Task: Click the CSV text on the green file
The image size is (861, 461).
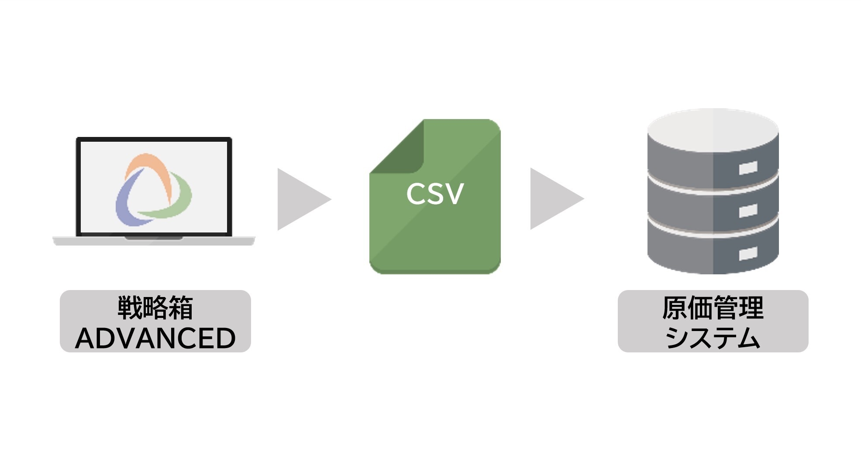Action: click(434, 194)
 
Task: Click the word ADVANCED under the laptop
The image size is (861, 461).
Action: click(155, 338)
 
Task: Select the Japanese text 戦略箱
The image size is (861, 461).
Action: click(155, 308)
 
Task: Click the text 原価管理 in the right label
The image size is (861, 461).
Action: click(713, 308)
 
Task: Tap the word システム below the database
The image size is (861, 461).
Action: click(713, 338)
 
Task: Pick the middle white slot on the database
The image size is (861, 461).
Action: click(747, 211)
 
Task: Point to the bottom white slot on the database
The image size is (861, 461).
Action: click(747, 253)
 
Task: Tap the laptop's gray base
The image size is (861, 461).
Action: click(154, 241)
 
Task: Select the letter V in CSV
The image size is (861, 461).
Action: click(454, 194)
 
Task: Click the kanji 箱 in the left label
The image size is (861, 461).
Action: click(180, 308)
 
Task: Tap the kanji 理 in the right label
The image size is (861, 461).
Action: click(751, 308)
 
